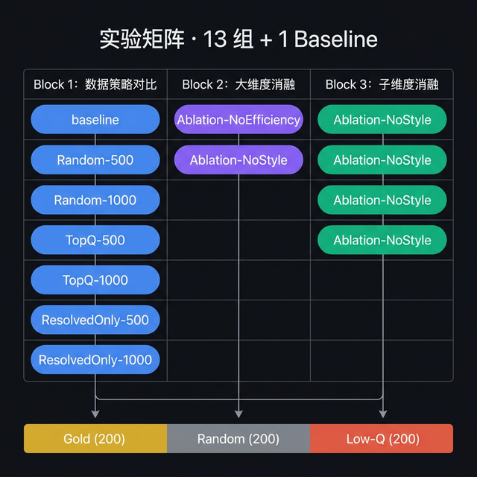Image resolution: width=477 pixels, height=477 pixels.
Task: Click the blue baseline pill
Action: (x=95, y=119)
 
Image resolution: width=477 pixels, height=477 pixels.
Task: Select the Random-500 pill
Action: (x=95, y=159)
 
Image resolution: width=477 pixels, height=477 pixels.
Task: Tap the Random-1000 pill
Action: (x=95, y=200)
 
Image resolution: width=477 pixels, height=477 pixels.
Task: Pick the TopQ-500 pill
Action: (x=95, y=240)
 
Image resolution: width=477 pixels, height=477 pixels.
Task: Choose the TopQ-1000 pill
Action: (x=95, y=280)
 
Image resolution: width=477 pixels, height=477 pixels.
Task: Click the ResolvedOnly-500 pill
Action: (x=95, y=320)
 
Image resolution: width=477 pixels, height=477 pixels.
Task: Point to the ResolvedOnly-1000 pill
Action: (x=95, y=359)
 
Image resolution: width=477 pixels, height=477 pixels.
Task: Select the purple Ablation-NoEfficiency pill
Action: (x=238, y=119)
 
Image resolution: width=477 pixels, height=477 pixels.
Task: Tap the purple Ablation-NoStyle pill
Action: (x=238, y=159)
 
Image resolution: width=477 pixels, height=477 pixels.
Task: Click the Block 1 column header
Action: (x=95, y=84)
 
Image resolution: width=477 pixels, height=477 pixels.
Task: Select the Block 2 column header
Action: (x=238, y=84)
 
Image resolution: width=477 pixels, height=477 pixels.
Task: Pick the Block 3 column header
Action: (x=382, y=84)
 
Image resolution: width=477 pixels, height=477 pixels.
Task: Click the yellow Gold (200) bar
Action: (x=95, y=439)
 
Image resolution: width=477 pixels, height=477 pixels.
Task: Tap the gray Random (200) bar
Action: (x=238, y=439)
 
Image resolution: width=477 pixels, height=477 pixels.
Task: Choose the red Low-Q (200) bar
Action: (x=382, y=439)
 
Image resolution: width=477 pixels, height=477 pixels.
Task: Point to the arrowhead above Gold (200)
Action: (x=95, y=413)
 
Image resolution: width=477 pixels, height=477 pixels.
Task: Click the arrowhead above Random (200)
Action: (x=238, y=413)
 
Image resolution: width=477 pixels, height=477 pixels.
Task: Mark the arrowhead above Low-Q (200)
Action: (x=382, y=413)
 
